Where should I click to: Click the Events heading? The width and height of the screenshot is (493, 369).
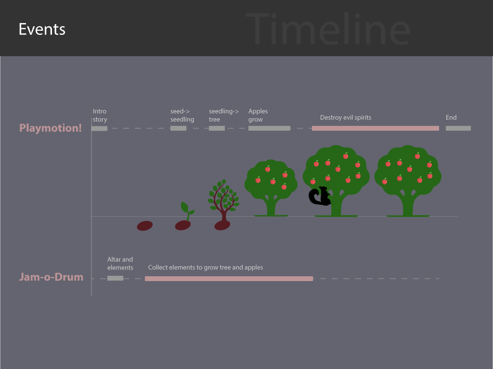(42, 29)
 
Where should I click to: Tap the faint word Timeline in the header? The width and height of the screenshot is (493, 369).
(328, 29)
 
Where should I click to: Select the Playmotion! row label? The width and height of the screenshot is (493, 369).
(50, 128)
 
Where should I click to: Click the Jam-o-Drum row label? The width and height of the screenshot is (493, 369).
(51, 277)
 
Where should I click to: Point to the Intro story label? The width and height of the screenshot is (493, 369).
(100, 115)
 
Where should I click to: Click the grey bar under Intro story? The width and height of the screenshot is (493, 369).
(99, 128)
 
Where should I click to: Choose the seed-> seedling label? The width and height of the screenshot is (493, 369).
(182, 115)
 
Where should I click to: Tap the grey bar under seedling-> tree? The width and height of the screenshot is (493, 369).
(217, 128)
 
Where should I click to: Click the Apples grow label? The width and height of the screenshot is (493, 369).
(258, 115)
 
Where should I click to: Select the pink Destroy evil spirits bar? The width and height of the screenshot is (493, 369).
(376, 128)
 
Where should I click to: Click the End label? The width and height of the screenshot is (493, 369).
(451, 117)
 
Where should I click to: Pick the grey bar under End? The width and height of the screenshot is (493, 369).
(458, 128)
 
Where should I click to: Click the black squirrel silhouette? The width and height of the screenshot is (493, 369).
(320, 196)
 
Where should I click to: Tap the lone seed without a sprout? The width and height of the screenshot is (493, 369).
(144, 226)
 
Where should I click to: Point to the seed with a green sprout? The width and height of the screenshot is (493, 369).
(183, 217)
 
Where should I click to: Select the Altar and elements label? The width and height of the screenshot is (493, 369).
(120, 264)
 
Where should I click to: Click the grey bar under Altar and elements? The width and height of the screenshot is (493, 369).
(115, 278)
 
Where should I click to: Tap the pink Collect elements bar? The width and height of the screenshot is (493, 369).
(229, 279)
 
